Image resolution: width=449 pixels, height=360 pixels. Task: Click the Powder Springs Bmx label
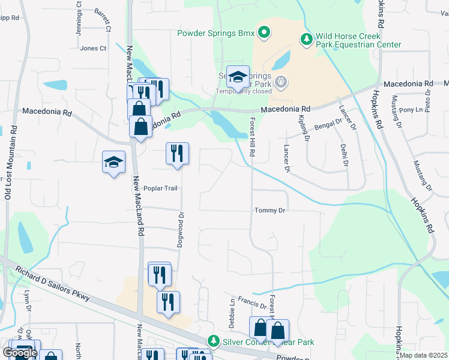click(215, 32)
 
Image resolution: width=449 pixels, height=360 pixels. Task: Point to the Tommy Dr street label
click(270, 211)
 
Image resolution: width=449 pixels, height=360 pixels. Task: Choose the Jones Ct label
click(93, 48)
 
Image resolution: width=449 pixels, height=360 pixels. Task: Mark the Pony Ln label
click(411, 110)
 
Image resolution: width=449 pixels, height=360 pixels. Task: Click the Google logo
click(20, 353)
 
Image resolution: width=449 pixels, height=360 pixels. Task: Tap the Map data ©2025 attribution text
click(423, 355)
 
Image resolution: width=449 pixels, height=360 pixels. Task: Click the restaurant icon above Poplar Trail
click(178, 154)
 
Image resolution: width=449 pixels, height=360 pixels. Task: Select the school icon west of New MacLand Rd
click(113, 162)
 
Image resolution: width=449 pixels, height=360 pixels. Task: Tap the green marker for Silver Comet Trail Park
click(213, 341)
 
